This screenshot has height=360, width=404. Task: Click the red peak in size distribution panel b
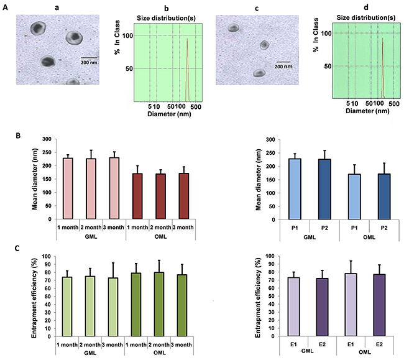coord(187,68)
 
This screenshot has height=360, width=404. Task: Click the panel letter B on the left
coord(19,135)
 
